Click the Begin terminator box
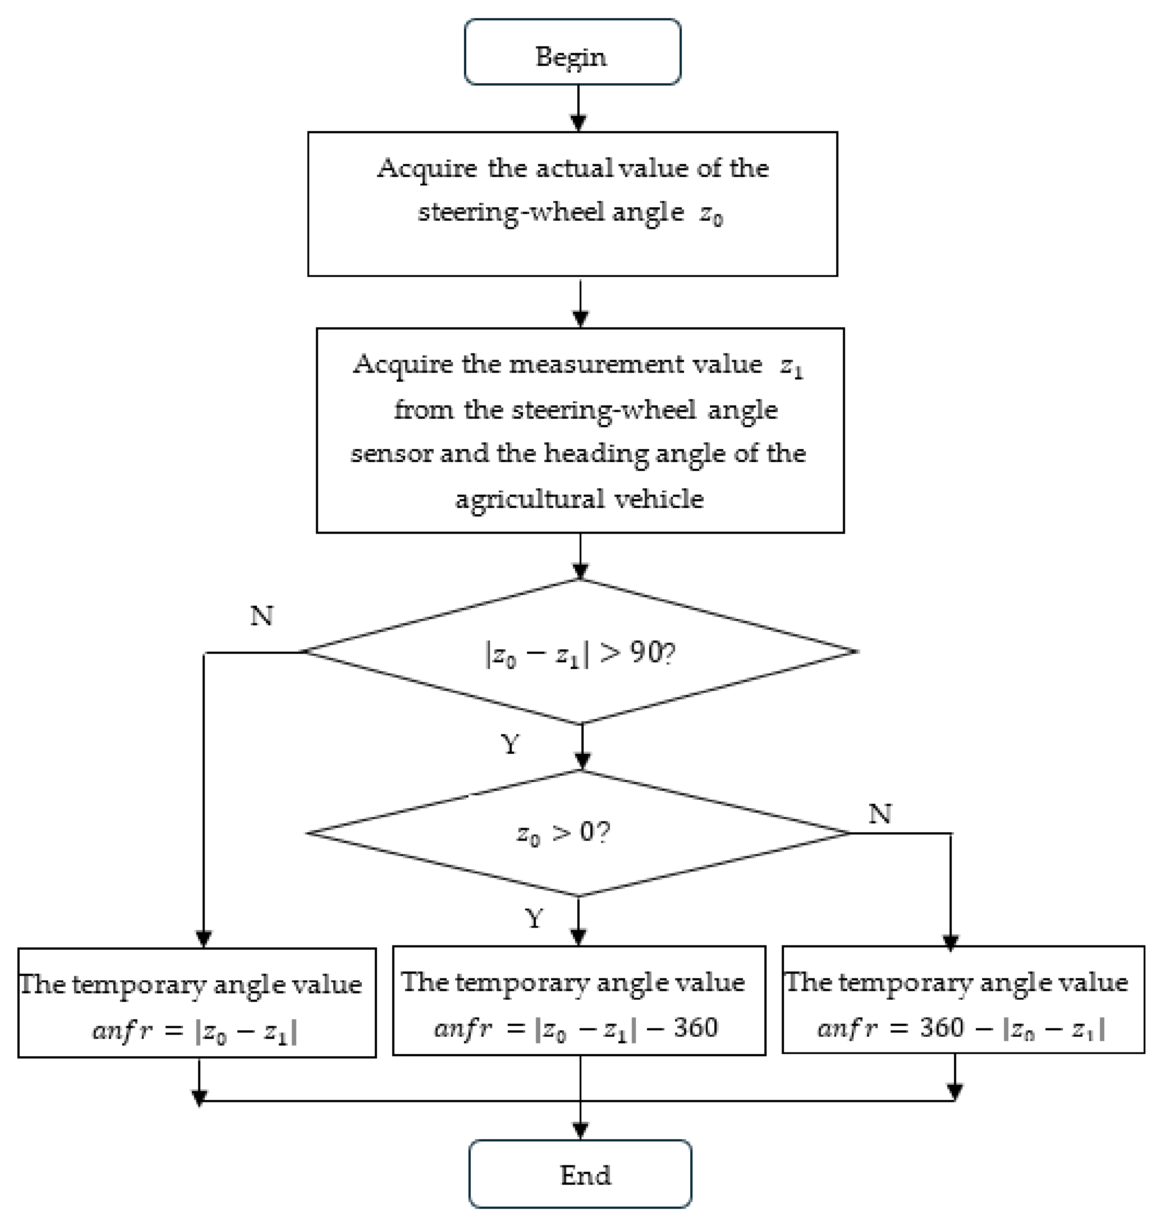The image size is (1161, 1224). coord(573,52)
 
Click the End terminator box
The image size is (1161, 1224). coord(580,1174)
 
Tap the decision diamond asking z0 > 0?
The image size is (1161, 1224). coord(578,833)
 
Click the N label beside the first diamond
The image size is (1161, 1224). coord(262,616)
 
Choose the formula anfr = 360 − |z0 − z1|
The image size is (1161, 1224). coord(961,1029)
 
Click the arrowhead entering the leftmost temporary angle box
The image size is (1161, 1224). coord(204,939)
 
